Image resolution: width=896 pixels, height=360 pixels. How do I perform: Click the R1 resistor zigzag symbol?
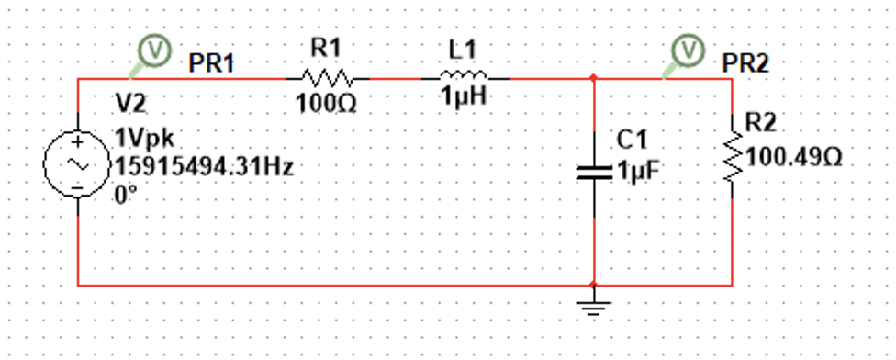point(328,78)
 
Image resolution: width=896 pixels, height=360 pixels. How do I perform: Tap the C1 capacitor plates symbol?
point(595,171)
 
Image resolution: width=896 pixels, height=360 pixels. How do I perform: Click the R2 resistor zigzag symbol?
point(732,155)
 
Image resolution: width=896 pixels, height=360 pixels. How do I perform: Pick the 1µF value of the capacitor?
point(637,172)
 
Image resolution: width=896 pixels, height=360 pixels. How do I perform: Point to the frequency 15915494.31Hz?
point(203,167)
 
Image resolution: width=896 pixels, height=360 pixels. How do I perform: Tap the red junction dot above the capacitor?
point(595,78)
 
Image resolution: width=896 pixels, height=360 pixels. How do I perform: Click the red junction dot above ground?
point(595,285)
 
